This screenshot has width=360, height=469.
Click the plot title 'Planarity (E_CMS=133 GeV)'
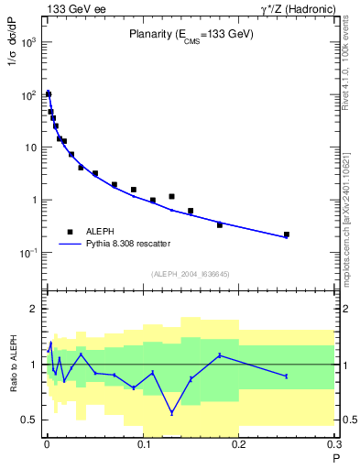coord(191,34)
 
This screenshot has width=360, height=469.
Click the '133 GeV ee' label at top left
coord(73,8)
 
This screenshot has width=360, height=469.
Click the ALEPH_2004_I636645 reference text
coord(191,273)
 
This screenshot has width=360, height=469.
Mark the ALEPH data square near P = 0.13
coord(171,196)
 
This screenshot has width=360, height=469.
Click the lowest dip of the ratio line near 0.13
coord(171,413)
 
